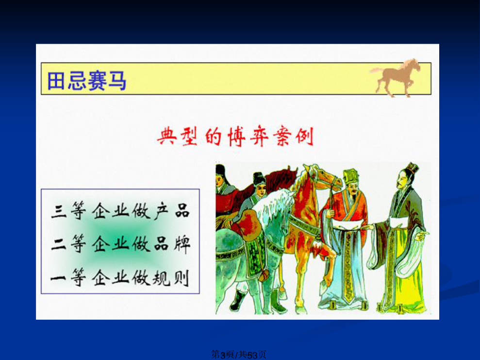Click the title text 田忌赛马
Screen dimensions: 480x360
(x=86, y=81)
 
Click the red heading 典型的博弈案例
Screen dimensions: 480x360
(x=235, y=137)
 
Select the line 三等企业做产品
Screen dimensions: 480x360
(x=120, y=211)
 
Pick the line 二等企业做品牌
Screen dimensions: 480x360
(x=120, y=244)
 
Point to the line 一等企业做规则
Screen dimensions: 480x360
(x=120, y=277)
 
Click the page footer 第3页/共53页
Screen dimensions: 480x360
(x=239, y=355)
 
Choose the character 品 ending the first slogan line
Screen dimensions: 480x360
(x=182, y=211)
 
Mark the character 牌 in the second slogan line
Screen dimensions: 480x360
(x=182, y=244)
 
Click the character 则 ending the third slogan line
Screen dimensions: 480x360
(x=182, y=277)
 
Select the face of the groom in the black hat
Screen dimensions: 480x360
(x=261, y=188)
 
